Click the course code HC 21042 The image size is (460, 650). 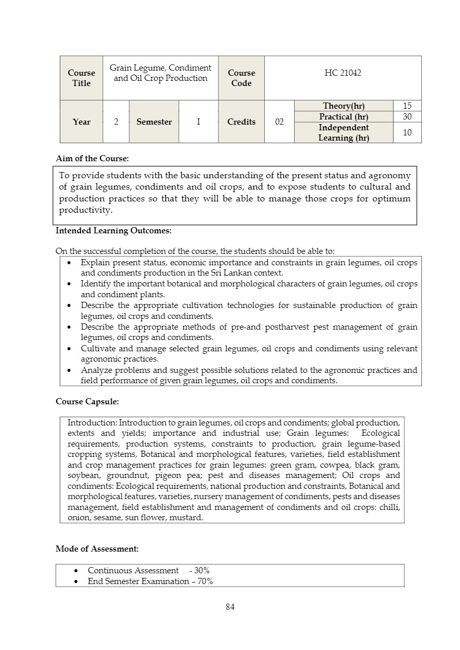(343, 73)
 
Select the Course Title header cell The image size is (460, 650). (81, 78)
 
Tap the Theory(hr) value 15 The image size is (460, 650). (407, 106)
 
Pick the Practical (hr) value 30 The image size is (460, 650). (407, 117)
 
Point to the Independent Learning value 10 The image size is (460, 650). (407, 133)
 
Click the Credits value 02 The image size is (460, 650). (279, 122)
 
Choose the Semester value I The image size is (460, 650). (198, 122)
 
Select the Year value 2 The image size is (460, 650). (116, 122)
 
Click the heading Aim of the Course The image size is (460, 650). (92, 159)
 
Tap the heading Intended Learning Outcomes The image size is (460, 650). (113, 231)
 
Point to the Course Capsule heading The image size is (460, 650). (87, 401)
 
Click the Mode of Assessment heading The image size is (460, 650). (97, 549)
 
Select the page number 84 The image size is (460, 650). (230, 607)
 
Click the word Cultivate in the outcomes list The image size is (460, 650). (97, 349)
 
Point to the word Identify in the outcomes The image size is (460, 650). (95, 284)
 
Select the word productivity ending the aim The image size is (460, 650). (86, 210)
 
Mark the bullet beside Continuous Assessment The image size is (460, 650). (76, 571)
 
